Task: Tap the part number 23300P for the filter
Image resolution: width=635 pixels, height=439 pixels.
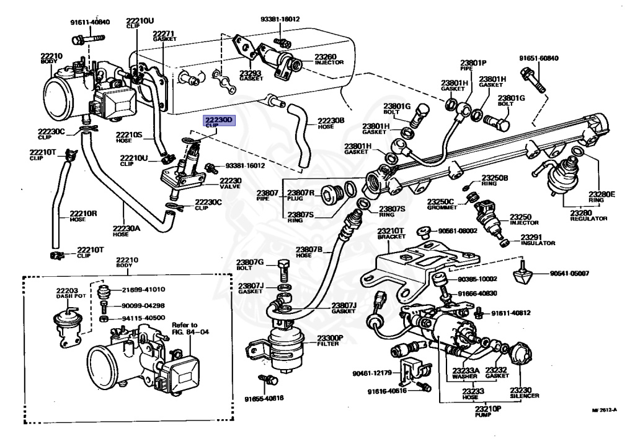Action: point(330,339)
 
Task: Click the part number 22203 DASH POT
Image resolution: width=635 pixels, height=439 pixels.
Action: point(67,293)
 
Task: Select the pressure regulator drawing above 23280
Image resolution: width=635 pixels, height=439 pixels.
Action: point(564,174)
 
